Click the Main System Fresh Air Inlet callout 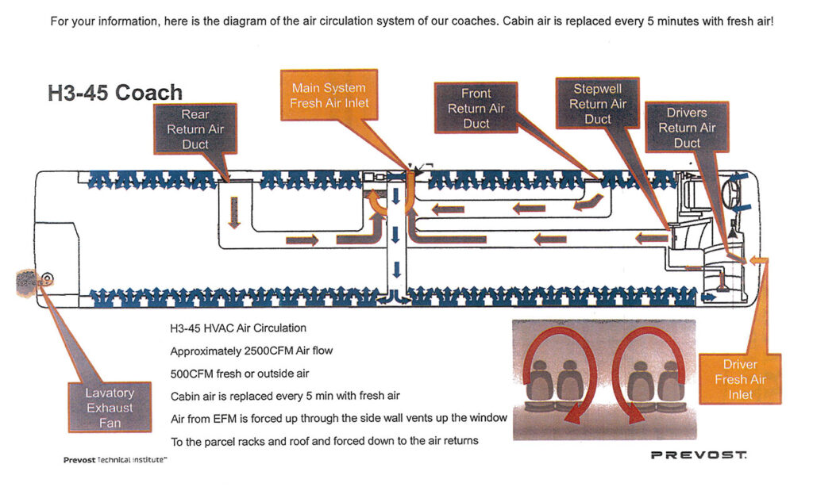tap(328, 95)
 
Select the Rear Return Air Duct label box tap(195, 129)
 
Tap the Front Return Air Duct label tap(476, 109)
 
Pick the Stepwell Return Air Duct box tap(597, 104)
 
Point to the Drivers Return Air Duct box tap(687, 128)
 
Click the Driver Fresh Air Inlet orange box tap(740, 379)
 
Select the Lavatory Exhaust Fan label tap(110, 408)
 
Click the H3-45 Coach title tap(114, 93)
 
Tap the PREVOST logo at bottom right tap(698, 455)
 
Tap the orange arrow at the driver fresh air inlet tap(757, 260)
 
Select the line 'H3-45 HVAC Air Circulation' tap(237, 328)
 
